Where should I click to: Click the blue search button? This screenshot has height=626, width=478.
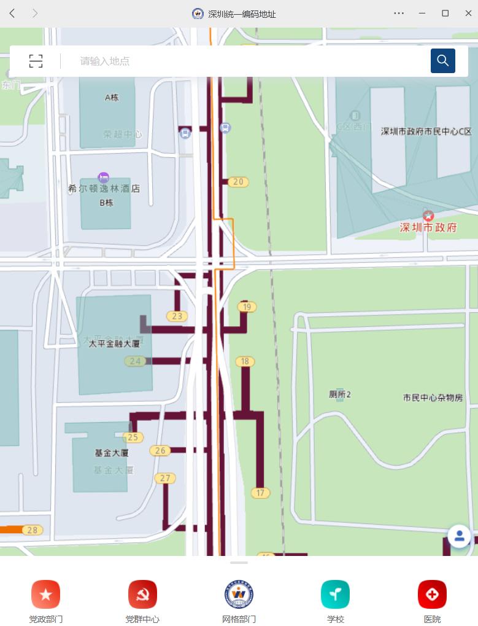(442, 61)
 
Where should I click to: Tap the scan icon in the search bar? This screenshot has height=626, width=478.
(36, 61)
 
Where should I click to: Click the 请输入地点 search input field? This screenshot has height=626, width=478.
(245, 61)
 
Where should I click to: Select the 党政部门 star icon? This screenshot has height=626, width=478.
(45, 594)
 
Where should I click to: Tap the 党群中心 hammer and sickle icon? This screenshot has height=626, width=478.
(142, 594)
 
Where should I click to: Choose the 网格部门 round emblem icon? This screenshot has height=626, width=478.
(239, 594)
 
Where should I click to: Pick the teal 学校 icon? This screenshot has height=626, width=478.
(335, 594)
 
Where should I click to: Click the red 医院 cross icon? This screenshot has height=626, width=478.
(432, 594)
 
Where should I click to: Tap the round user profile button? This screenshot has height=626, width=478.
(459, 536)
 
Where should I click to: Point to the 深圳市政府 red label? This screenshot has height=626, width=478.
(428, 227)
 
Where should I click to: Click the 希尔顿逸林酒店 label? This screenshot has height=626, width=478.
(104, 189)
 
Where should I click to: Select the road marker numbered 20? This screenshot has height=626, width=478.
(238, 182)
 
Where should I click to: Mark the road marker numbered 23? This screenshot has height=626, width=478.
(177, 316)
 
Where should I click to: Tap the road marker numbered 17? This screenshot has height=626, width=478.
(260, 493)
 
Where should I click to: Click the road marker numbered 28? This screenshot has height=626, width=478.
(32, 530)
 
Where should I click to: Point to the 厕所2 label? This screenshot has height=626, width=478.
(340, 394)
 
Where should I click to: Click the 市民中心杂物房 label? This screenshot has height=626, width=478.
(433, 397)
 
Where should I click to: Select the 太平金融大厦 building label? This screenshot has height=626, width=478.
(114, 343)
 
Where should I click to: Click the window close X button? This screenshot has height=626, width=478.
(468, 13)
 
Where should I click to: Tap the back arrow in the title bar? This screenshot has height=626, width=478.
(12, 13)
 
